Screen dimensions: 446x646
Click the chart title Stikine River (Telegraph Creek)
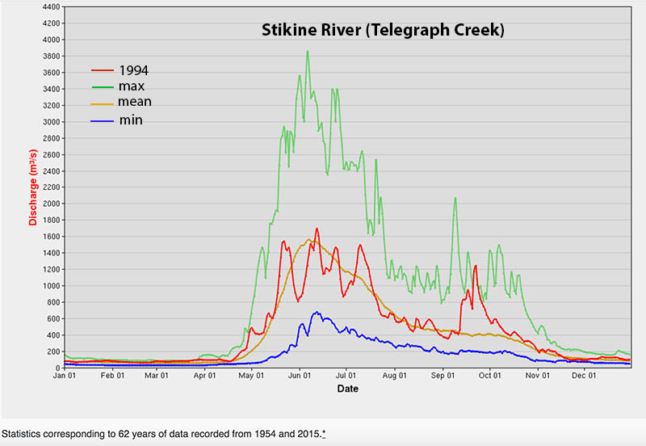tap(383, 31)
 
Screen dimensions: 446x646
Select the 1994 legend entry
tap(133, 69)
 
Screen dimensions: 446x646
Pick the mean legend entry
tap(135, 102)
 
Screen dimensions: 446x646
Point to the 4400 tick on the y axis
tap(48, 6)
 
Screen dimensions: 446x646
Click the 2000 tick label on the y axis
tap(48, 204)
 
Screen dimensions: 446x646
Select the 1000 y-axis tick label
tap(48, 286)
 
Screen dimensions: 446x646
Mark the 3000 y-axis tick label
tap(48, 122)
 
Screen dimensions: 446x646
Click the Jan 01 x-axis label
tap(65, 376)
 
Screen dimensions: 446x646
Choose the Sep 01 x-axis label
tap(443, 376)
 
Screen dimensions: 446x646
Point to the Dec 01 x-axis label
tap(584, 376)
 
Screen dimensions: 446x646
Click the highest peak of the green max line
tap(308, 51)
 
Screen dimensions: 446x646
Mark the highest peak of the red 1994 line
tap(317, 229)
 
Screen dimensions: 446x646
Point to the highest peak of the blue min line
tap(317, 312)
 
